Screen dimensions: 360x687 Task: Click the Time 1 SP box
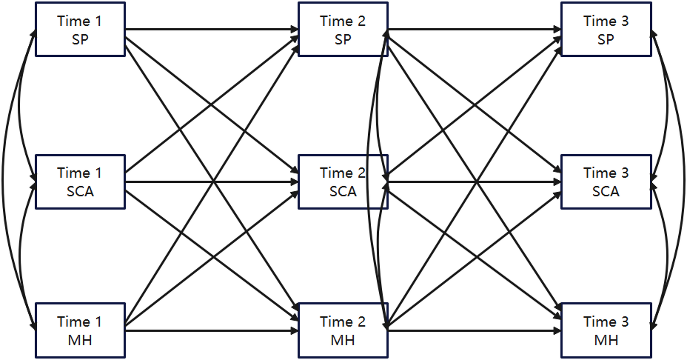click(80, 29)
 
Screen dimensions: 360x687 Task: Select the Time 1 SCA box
click(80, 182)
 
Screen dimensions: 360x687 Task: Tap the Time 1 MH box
click(80, 330)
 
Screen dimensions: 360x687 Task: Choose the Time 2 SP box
click(343, 29)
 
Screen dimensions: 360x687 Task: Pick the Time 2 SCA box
click(343, 182)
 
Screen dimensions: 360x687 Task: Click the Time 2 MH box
click(343, 330)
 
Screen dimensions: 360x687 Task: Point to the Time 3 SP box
click(606, 29)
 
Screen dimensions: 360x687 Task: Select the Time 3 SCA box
click(606, 182)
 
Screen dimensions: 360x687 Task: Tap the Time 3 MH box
click(606, 330)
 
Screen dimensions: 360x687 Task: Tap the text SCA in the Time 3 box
click(606, 191)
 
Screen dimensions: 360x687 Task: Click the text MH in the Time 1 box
click(80, 340)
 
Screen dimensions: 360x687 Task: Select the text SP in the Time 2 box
click(343, 39)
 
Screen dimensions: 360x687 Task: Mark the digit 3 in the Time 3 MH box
click(625, 322)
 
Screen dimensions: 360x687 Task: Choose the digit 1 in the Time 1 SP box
click(99, 21)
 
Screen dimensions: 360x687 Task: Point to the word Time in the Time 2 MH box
click(336, 322)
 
